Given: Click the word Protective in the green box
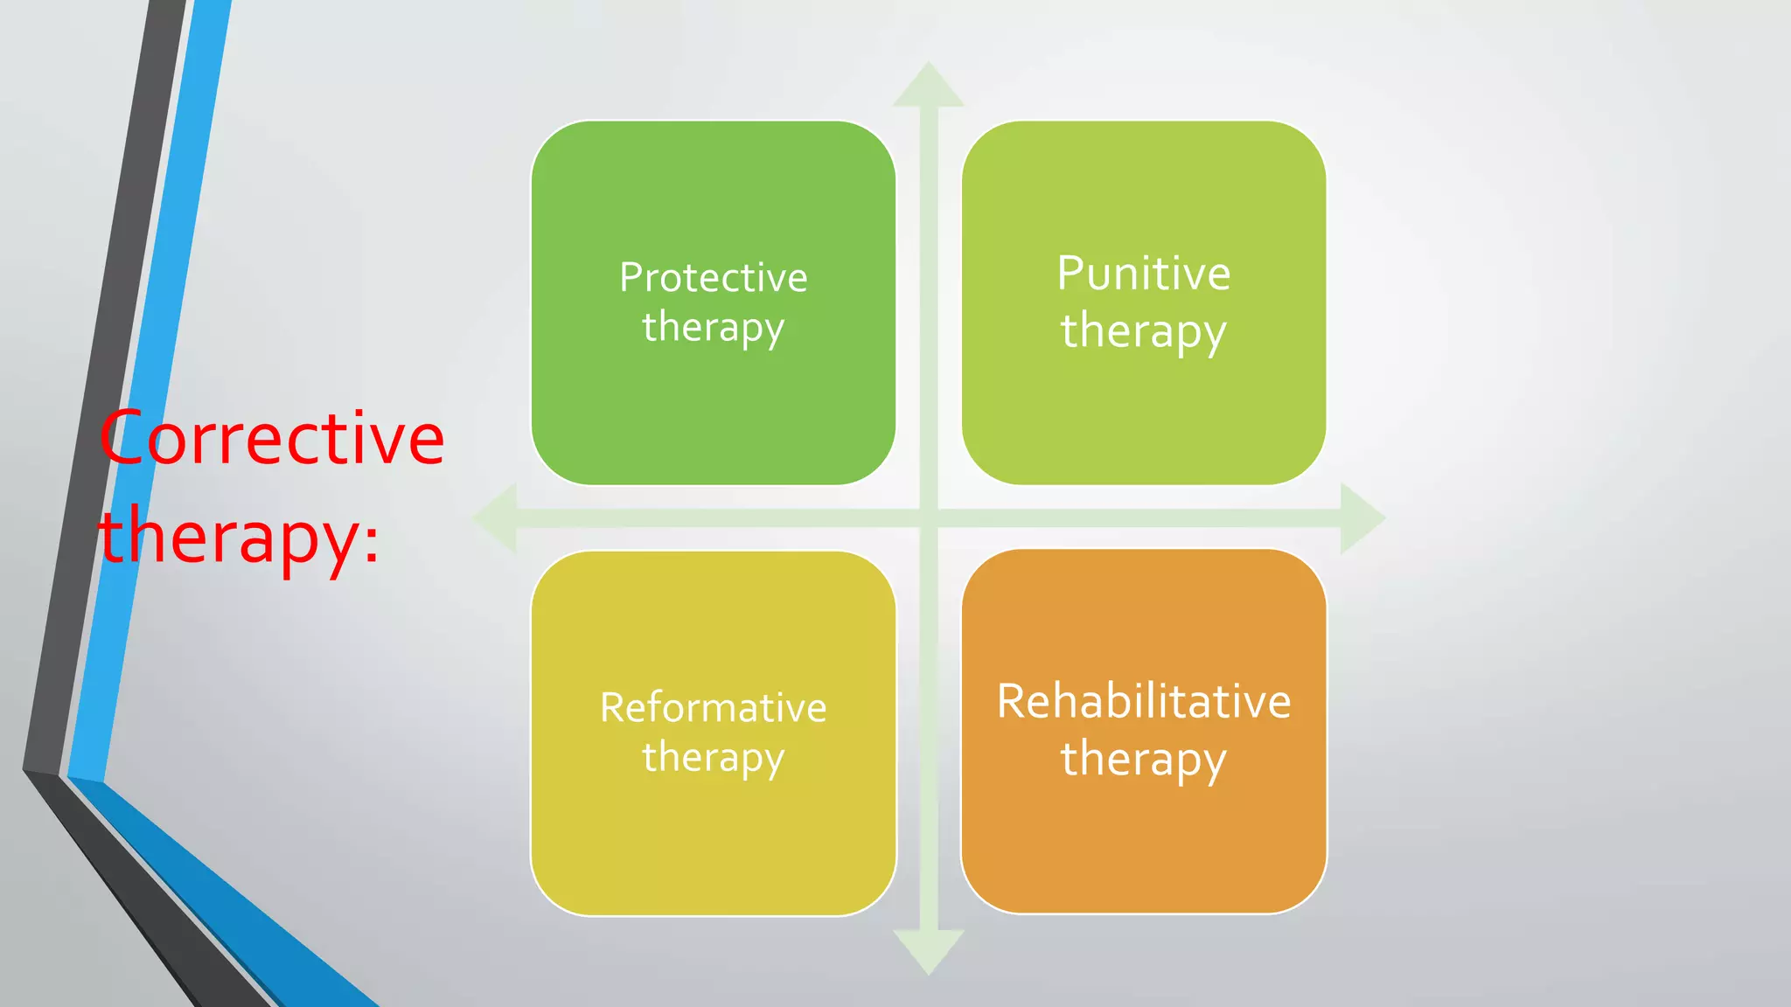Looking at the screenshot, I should click(713, 278).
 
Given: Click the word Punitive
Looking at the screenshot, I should click(1143, 274).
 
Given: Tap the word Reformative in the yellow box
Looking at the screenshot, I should click(713, 707).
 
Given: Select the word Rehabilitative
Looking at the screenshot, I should click(1143, 701).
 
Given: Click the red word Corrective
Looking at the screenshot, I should click(272, 438).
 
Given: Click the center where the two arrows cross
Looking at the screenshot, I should click(929, 518).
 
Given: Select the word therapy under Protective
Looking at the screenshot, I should click(713, 328).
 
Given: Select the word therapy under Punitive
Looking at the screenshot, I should click(1143, 332).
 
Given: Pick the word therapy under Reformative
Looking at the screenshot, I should click(713, 757).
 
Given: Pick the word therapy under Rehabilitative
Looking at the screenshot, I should click(1143, 759).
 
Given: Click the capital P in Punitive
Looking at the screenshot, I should click(1072, 274).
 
